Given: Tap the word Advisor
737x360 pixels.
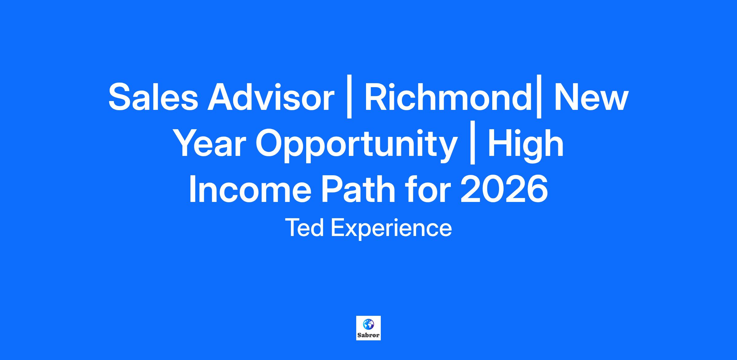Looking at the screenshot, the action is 271,97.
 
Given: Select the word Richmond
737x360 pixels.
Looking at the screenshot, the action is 448,97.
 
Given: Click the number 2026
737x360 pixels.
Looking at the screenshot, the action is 504,189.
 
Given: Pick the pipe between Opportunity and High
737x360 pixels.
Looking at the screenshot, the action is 473,146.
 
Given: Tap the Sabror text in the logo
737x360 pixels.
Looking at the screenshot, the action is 368,335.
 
